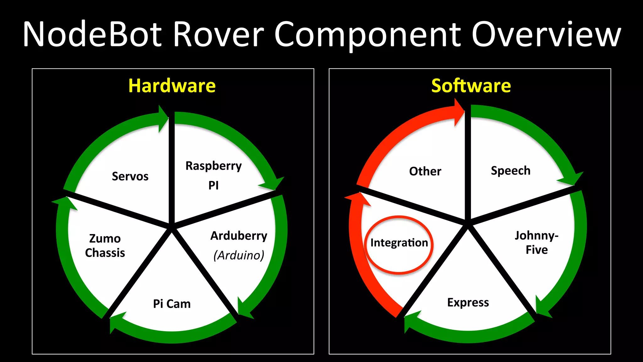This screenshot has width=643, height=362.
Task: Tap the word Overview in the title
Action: pyautogui.click(x=546, y=34)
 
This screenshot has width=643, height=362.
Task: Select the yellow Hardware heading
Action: pyautogui.click(x=172, y=86)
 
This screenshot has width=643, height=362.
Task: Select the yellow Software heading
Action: pyautogui.click(x=471, y=86)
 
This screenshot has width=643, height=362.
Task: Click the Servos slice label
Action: pyautogui.click(x=130, y=176)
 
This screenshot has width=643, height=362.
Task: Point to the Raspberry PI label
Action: pyautogui.click(x=213, y=175)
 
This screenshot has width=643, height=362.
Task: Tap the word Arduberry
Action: pyautogui.click(x=239, y=236)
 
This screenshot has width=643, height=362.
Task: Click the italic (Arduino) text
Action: pyautogui.click(x=239, y=255)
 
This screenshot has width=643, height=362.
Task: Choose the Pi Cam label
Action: pyautogui.click(x=172, y=304)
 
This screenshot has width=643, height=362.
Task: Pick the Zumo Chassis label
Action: pyautogui.click(x=105, y=245)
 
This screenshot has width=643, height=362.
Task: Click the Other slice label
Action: pyautogui.click(x=425, y=171)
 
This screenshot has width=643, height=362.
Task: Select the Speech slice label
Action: pyautogui.click(x=511, y=171)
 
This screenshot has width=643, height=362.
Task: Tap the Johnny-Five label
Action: pyautogui.click(x=537, y=242)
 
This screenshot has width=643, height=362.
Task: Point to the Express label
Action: pyautogui.click(x=468, y=302)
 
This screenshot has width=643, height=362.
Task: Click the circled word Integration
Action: pyautogui.click(x=399, y=243)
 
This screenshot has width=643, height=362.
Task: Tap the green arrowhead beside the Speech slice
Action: pyautogui.click(x=573, y=179)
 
